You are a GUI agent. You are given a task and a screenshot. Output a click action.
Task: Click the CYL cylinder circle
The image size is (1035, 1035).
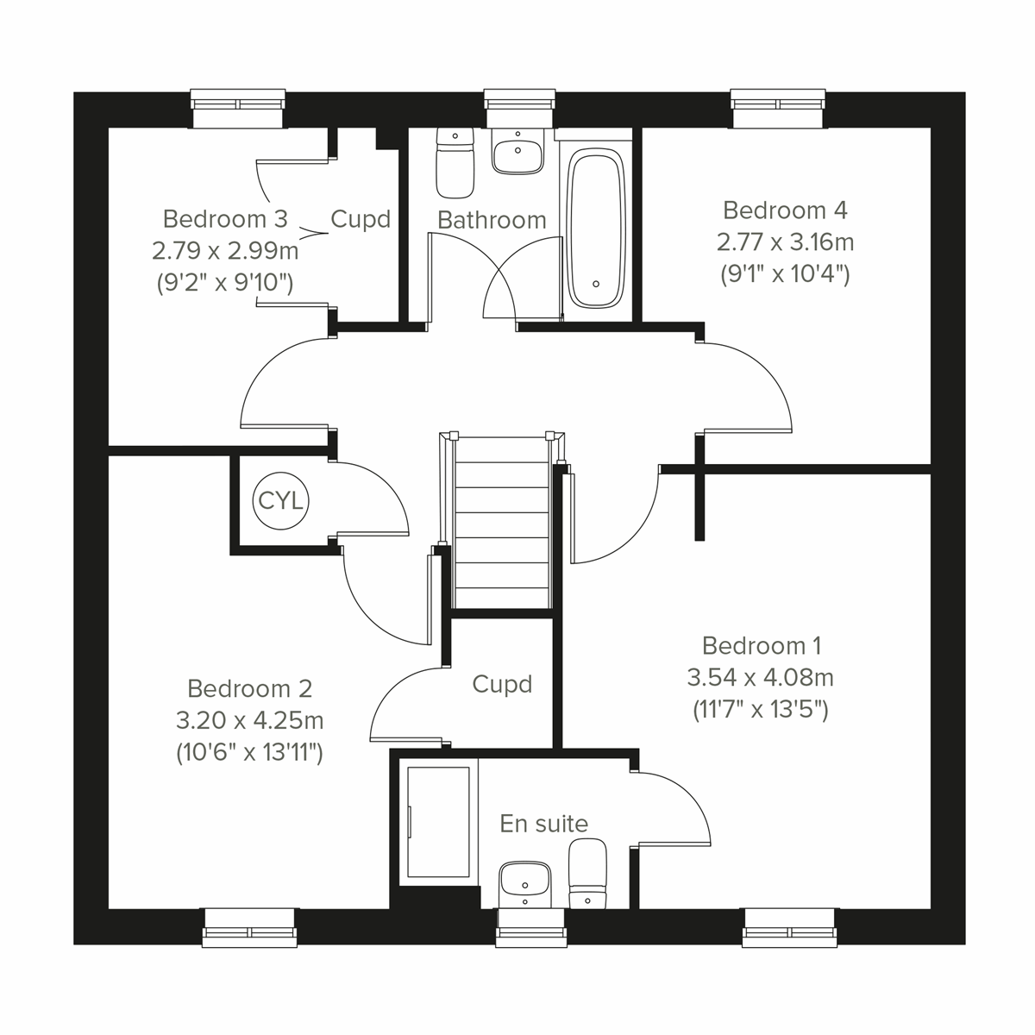281,500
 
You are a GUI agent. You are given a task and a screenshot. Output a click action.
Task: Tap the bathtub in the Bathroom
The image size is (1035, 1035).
596,229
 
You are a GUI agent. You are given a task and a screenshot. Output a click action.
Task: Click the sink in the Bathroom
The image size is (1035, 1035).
517,154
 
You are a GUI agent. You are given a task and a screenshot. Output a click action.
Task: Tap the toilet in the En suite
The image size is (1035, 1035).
587,873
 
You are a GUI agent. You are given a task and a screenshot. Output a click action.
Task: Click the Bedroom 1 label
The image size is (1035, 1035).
762,645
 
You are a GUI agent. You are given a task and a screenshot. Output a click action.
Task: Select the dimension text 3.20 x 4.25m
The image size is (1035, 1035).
250,720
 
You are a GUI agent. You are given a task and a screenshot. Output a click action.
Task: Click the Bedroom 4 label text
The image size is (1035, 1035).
785,210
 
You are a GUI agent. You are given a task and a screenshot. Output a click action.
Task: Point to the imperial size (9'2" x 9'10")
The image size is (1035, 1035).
225,282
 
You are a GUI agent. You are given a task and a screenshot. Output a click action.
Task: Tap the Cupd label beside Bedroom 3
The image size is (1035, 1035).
361,219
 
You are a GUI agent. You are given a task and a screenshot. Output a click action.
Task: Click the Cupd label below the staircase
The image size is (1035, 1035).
502,684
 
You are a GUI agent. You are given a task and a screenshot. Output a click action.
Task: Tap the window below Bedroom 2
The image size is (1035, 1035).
250,927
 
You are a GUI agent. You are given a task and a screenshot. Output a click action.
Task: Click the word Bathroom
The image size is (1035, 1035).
492,220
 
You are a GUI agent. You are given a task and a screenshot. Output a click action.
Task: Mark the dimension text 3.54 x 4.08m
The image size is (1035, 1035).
760,677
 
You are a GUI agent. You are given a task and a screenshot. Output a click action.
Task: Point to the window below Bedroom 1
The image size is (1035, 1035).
789,927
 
